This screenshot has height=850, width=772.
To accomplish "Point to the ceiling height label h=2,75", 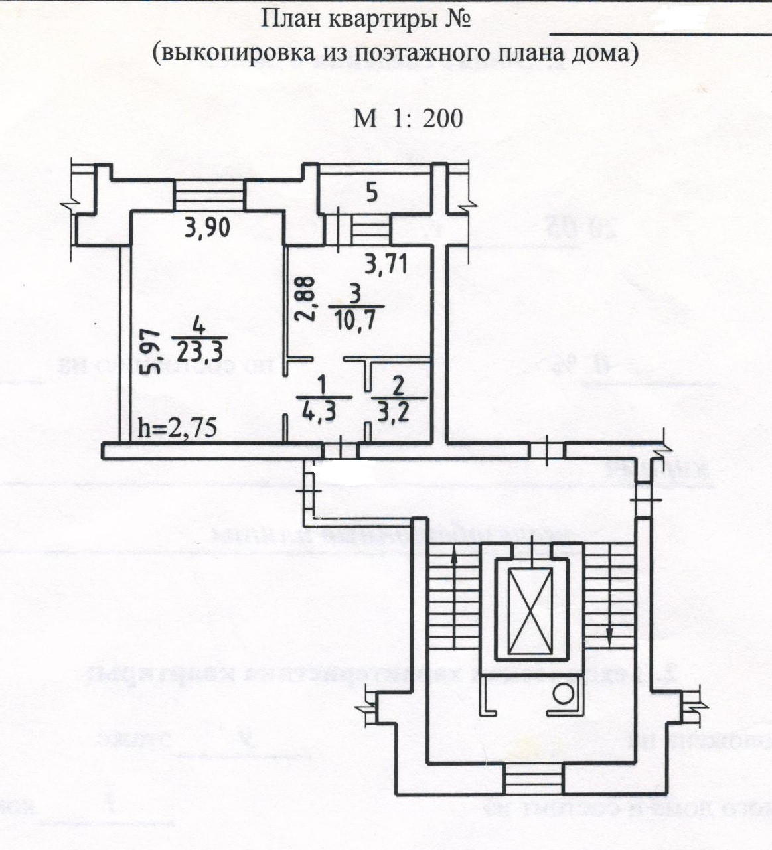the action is point(177,428).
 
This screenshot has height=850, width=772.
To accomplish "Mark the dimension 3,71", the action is point(386,265).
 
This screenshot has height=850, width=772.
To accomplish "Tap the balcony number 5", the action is point(372,193).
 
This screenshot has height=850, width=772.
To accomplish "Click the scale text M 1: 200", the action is point(408,118).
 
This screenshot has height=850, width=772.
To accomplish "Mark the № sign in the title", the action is point(456,19).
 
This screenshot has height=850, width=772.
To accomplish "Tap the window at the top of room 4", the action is point(209,196).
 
